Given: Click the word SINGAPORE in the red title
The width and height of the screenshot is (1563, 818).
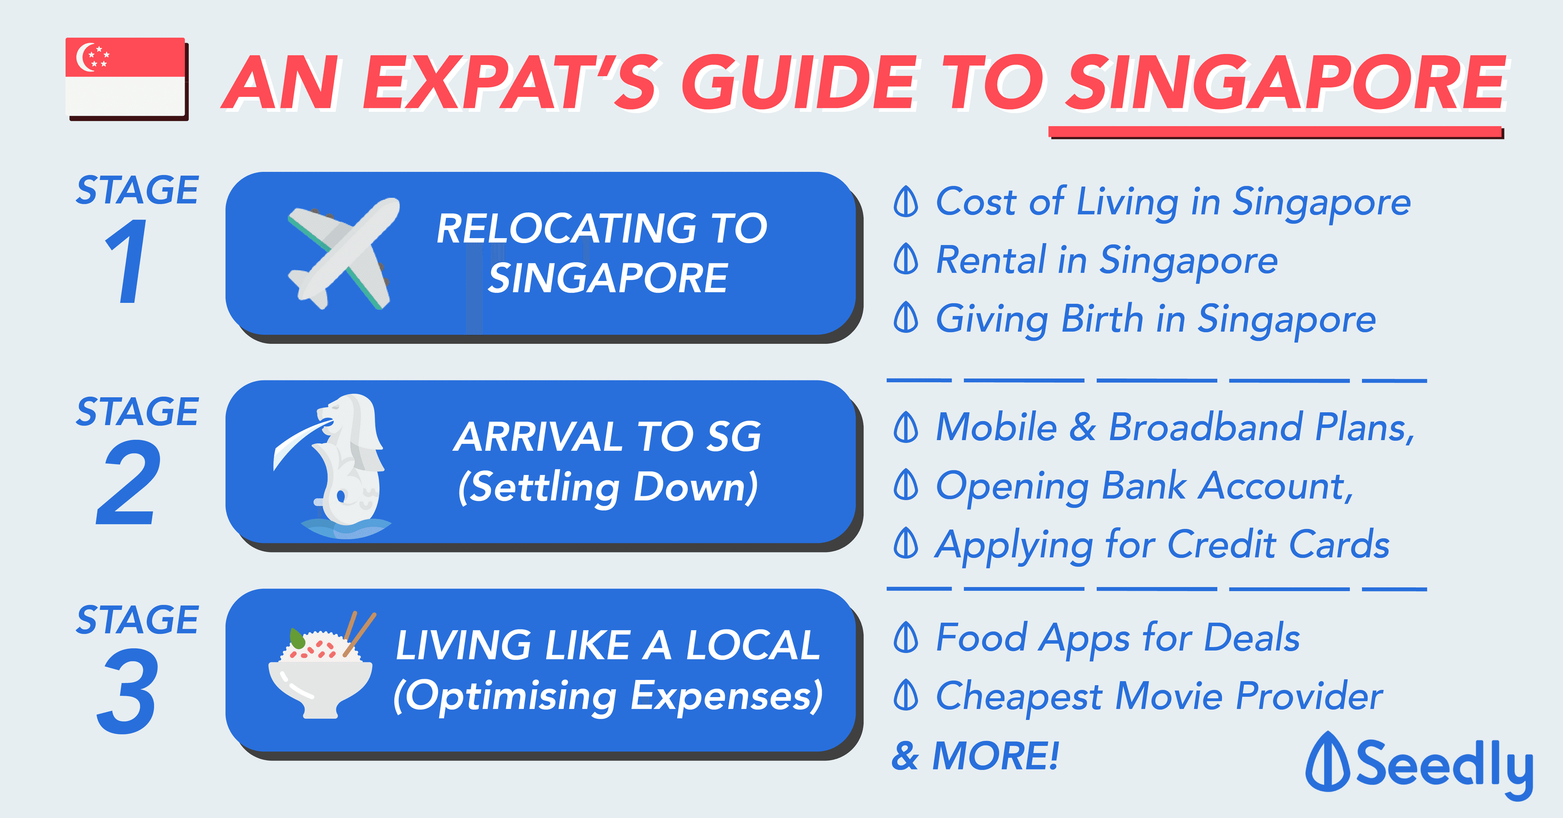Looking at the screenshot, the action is (1286, 83).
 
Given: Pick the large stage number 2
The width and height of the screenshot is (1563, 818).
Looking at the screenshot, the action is (129, 482).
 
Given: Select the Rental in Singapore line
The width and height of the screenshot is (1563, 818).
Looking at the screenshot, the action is (1107, 261).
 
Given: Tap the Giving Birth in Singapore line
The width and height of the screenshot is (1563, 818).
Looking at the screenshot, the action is (1156, 320).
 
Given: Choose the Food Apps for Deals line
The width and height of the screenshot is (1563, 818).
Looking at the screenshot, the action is (1118, 638).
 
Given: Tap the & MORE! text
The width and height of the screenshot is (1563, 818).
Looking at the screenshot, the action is (975, 756).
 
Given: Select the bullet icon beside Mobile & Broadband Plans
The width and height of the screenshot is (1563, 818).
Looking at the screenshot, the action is (906, 428).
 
